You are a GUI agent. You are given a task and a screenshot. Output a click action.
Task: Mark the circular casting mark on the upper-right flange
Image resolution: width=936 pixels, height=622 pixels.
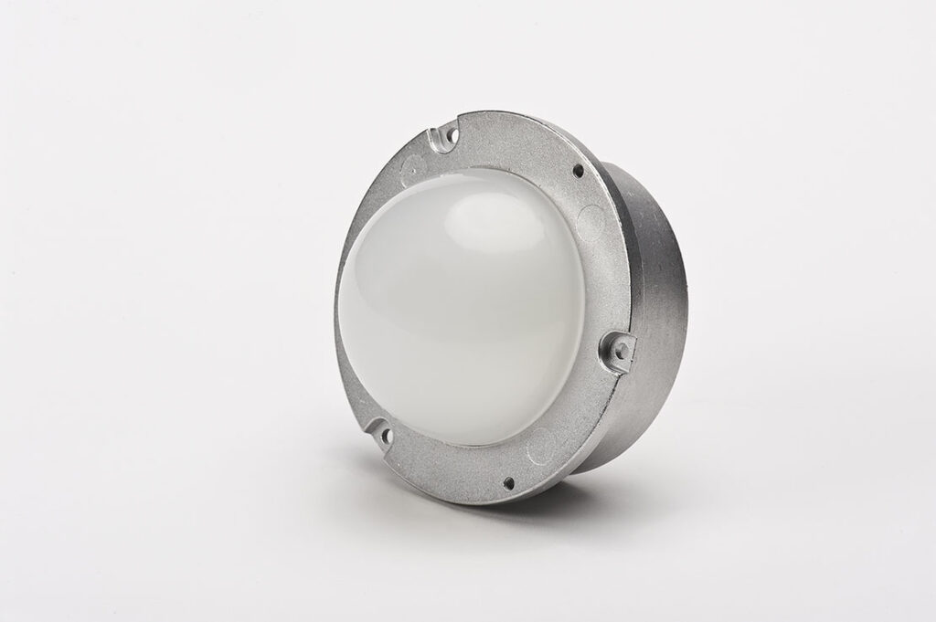(593, 217)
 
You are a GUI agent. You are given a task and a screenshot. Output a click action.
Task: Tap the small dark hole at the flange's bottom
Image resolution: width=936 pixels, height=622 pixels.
(509, 481)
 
